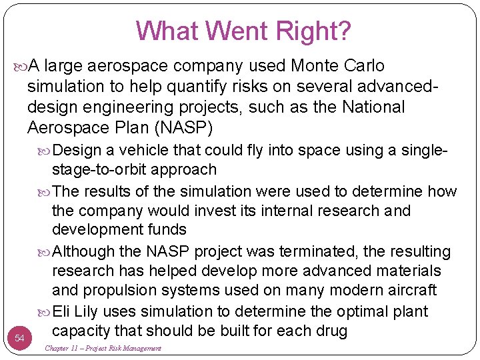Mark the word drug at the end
(x=332, y=331)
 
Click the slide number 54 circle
(x=19, y=339)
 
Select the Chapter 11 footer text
(x=103, y=349)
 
